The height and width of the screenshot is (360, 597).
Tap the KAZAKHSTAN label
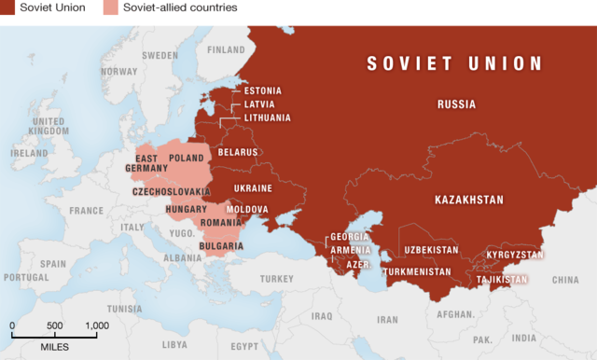pyautogui.click(x=468, y=200)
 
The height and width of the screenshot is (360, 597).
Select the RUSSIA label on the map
pyautogui.click(x=456, y=104)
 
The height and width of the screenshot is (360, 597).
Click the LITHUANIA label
pyautogui.click(x=268, y=118)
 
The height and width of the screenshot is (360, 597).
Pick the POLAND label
pyautogui.click(x=187, y=159)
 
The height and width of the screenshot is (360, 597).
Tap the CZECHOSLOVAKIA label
pyautogui.click(x=172, y=191)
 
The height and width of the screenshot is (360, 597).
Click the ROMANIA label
pyautogui.click(x=220, y=225)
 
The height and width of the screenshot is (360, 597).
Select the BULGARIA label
pyautogui.click(x=221, y=246)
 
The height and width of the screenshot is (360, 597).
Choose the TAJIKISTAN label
pyautogui.click(x=502, y=279)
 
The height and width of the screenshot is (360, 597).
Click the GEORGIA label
pyautogui.click(x=351, y=238)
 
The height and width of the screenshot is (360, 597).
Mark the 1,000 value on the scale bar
pyautogui.click(x=96, y=325)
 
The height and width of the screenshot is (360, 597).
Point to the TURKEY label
pyautogui.click(x=276, y=279)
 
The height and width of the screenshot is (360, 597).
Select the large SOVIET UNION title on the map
pyautogui.click(x=454, y=63)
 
